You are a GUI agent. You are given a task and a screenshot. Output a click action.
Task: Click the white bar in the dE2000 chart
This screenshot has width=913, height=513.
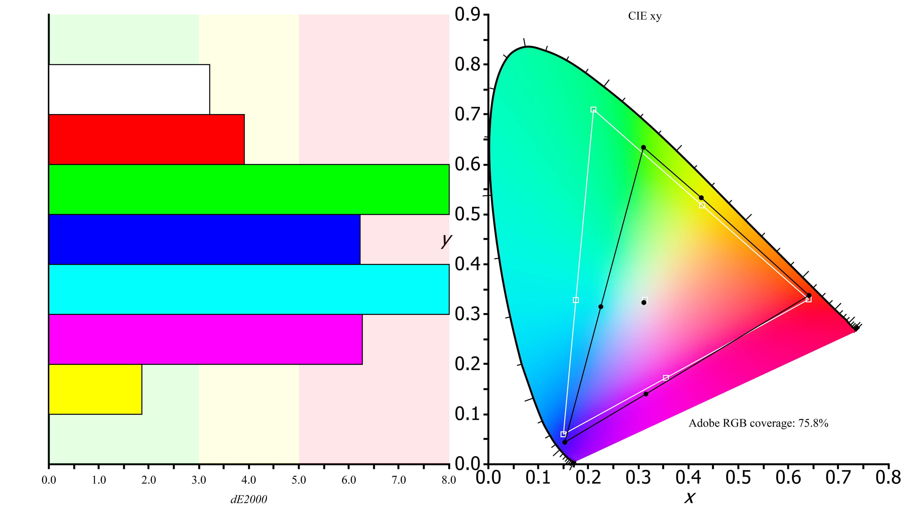tap(129, 89)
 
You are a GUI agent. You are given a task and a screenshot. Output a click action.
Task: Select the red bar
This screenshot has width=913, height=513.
tap(146, 139)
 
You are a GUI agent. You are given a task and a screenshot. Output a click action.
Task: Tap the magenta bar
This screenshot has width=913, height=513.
tap(205, 339)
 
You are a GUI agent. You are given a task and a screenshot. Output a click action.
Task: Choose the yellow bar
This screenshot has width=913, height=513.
tap(95, 389)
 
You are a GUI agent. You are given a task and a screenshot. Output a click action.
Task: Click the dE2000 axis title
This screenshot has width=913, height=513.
tap(248, 499)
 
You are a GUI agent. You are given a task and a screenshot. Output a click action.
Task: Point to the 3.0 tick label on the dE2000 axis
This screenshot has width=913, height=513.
tap(199, 480)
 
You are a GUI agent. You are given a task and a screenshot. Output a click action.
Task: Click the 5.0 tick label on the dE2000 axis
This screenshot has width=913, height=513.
tap(299, 480)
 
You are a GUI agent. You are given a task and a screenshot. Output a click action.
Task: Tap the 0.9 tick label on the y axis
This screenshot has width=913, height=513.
tap(467, 15)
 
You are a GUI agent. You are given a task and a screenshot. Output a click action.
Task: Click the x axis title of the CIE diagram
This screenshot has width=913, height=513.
tap(689, 497)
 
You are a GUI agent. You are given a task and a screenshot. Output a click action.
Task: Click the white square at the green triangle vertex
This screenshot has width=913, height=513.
tap(593, 110)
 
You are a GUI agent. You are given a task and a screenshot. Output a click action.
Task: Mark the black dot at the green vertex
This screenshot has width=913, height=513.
tap(643, 147)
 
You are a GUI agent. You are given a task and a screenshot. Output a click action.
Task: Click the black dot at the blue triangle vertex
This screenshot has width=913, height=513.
tap(565, 442)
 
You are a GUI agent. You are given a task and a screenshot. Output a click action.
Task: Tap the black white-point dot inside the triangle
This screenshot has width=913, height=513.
tap(644, 302)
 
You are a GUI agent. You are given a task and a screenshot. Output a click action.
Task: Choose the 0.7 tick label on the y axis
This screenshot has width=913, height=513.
tap(467, 115)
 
